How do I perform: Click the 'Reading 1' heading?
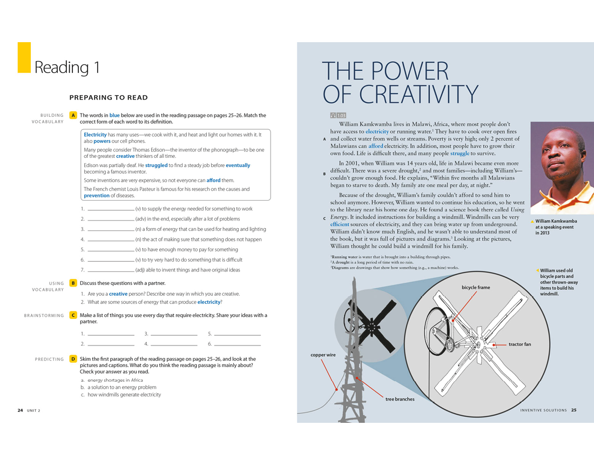[x=67, y=68]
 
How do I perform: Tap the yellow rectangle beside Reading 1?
[x=24, y=57]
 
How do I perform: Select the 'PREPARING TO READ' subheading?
[x=109, y=98]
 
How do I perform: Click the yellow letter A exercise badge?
[x=73, y=115]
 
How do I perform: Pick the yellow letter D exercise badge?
[x=73, y=359]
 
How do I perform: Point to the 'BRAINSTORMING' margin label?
[x=44, y=316]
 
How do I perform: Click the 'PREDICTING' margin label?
[x=49, y=359]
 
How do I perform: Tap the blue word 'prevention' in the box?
[x=97, y=196]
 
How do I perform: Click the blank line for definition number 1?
[x=111, y=209]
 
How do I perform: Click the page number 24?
[x=20, y=410]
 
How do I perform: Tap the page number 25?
[x=573, y=410]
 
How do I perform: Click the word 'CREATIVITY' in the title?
[x=400, y=94]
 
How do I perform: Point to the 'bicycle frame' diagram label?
[x=476, y=288]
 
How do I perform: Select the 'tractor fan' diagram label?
[x=519, y=344]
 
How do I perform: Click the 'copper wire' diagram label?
[x=323, y=355]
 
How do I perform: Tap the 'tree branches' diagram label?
[x=400, y=400]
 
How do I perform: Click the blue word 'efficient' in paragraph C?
[x=340, y=224]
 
